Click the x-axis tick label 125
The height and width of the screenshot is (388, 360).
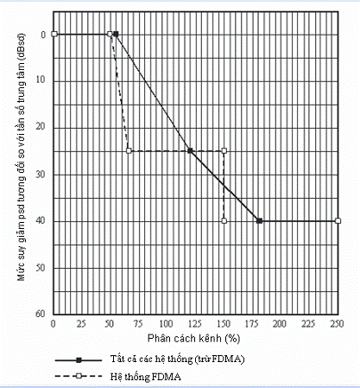(195, 324)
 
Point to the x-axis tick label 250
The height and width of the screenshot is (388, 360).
(337, 324)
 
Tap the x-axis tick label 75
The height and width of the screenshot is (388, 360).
(138, 324)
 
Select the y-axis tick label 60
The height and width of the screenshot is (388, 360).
(41, 314)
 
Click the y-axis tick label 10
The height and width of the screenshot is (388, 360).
(41, 80)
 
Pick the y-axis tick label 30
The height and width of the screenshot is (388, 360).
(41, 174)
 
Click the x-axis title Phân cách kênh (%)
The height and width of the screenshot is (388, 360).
(193, 339)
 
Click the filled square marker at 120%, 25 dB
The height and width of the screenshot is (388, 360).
(190, 150)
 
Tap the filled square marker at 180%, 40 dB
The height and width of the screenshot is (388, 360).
(259, 221)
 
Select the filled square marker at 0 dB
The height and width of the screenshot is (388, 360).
(116, 34)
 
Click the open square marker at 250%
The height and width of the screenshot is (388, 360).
(338, 221)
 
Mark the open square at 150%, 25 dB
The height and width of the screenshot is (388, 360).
(224, 150)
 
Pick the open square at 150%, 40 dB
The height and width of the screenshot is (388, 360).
(224, 221)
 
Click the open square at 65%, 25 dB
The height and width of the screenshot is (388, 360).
(129, 150)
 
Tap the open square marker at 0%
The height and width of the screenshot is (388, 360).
(54, 34)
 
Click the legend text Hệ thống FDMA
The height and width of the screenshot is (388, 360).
(146, 377)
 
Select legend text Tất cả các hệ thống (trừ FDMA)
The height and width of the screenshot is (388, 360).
(177, 359)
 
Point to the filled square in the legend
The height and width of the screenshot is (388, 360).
(79, 360)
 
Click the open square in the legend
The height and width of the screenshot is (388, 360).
(79, 376)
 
